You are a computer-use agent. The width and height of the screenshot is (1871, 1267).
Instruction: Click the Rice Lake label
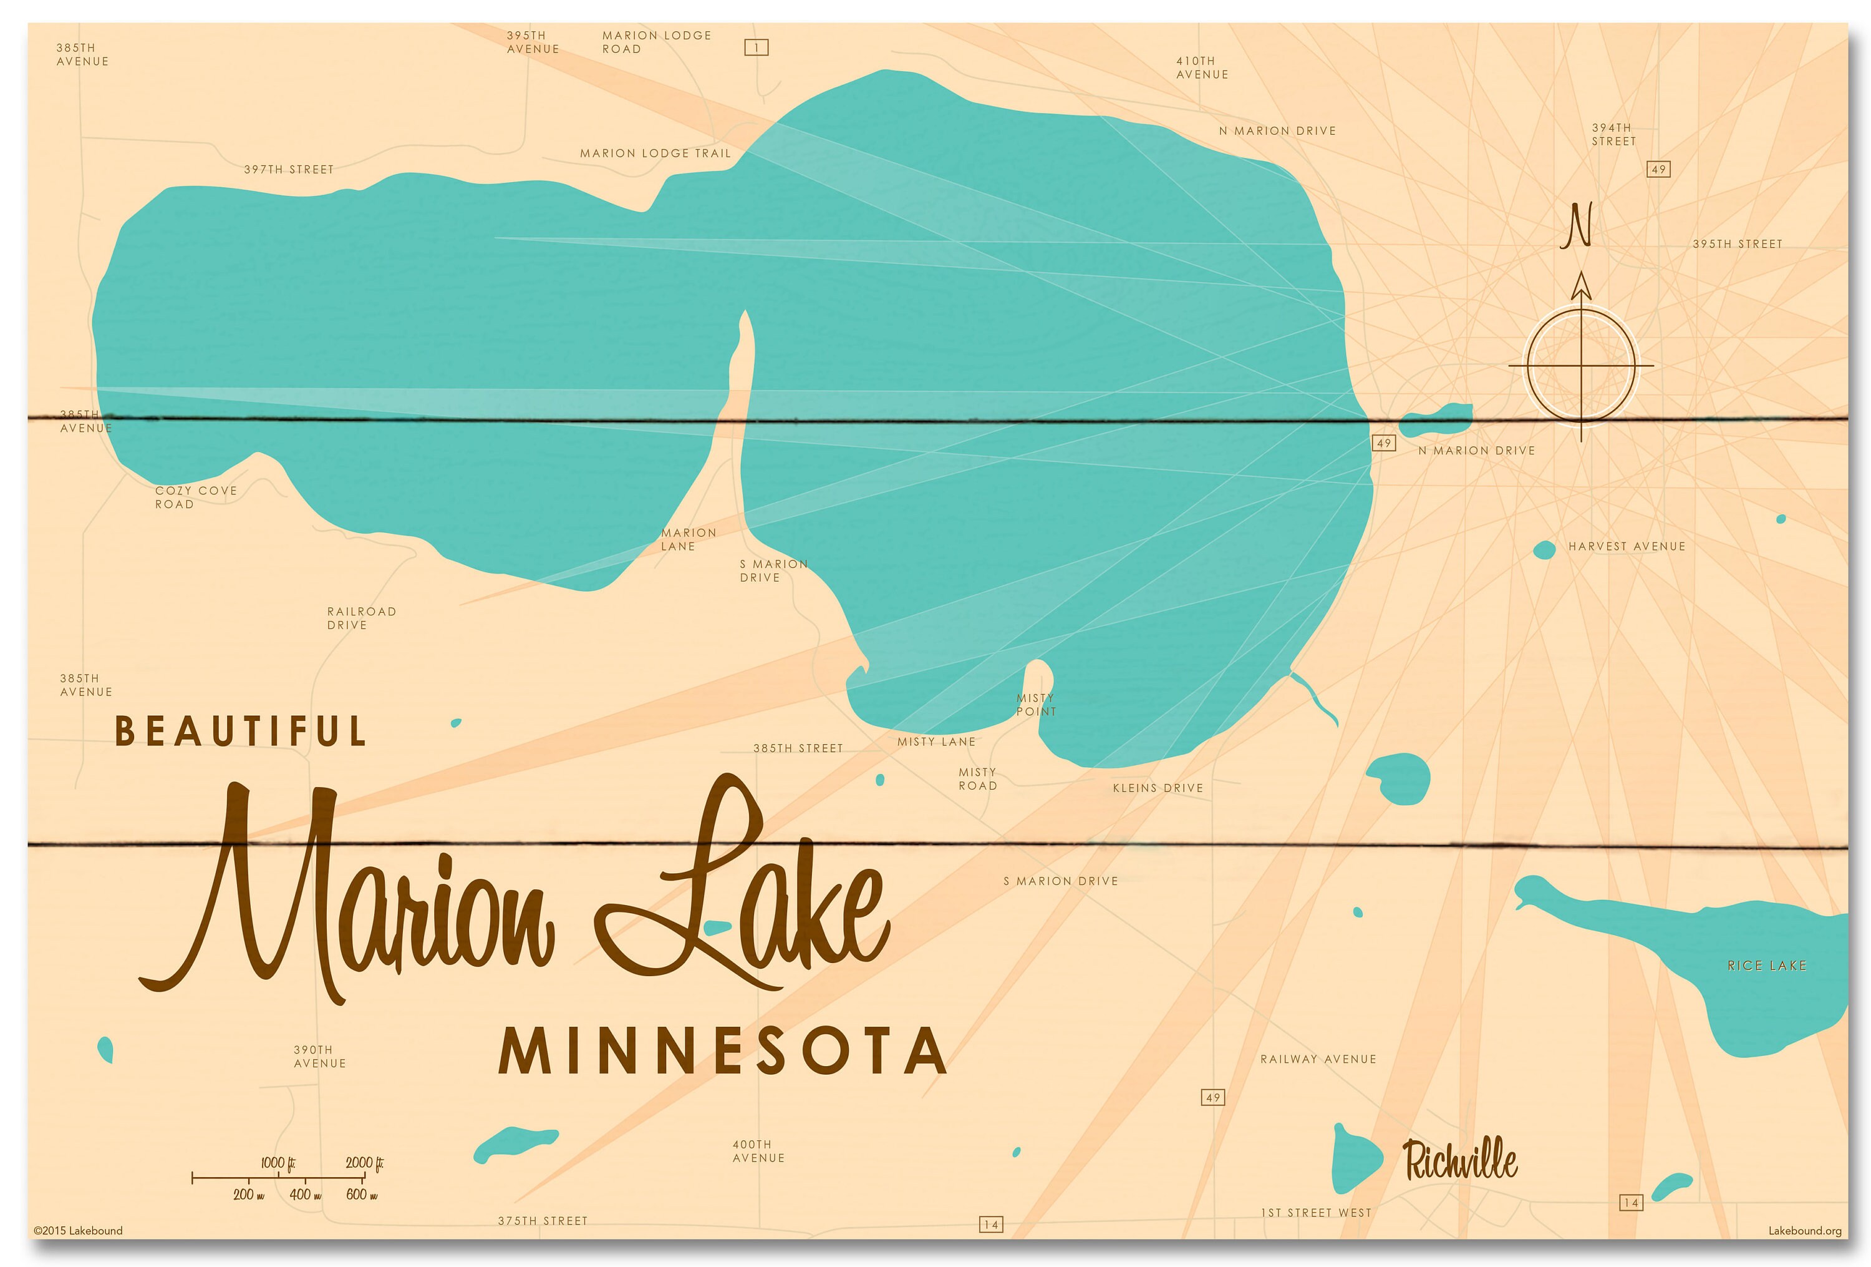(1766, 966)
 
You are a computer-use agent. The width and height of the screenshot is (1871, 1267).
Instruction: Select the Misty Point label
(1036, 705)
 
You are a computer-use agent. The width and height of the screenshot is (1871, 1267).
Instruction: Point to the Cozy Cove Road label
(196, 497)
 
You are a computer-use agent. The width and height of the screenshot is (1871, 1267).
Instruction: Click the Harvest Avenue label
(1627, 546)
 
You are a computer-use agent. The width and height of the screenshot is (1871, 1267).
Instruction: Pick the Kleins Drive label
(1158, 788)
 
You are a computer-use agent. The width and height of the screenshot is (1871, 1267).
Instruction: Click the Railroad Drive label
(362, 618)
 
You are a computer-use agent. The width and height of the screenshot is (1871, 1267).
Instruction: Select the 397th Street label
(289, 169)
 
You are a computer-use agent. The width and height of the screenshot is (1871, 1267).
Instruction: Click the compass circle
(1581, 366)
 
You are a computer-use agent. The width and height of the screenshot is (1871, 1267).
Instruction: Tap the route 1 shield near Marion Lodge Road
(756, 47)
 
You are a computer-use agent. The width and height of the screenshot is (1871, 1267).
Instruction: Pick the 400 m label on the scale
(305, 1195)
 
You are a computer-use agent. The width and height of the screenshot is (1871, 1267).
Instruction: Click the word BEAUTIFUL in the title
(241, 731)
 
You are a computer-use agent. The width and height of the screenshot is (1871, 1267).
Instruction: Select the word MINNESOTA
(723, 1051)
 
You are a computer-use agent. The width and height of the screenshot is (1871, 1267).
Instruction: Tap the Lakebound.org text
(1804, 1231)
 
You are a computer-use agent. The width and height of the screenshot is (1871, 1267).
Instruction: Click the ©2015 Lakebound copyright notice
(78, 1230)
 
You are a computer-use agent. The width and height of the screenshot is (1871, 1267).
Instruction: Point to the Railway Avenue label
(1318, 1059)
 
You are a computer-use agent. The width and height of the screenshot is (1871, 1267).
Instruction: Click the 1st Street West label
(1315, 1212)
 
